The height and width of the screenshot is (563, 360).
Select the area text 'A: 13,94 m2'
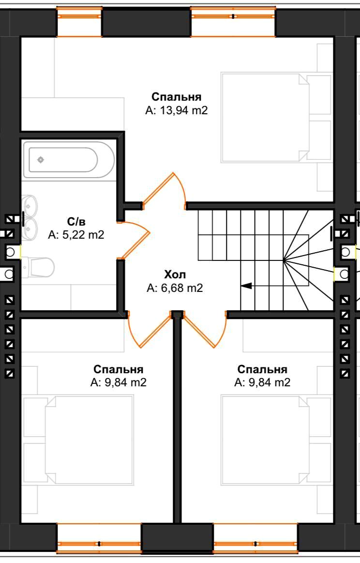(x=176, y=110)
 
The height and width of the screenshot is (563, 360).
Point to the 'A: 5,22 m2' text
(x=76, y=235)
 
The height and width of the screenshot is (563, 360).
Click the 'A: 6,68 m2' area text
(x=175, y=288)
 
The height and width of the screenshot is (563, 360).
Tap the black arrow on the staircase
(x=246, y=286)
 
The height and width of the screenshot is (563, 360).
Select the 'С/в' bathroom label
(x=75, y=222)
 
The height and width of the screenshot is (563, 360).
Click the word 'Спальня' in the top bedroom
(x=176, y=97)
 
